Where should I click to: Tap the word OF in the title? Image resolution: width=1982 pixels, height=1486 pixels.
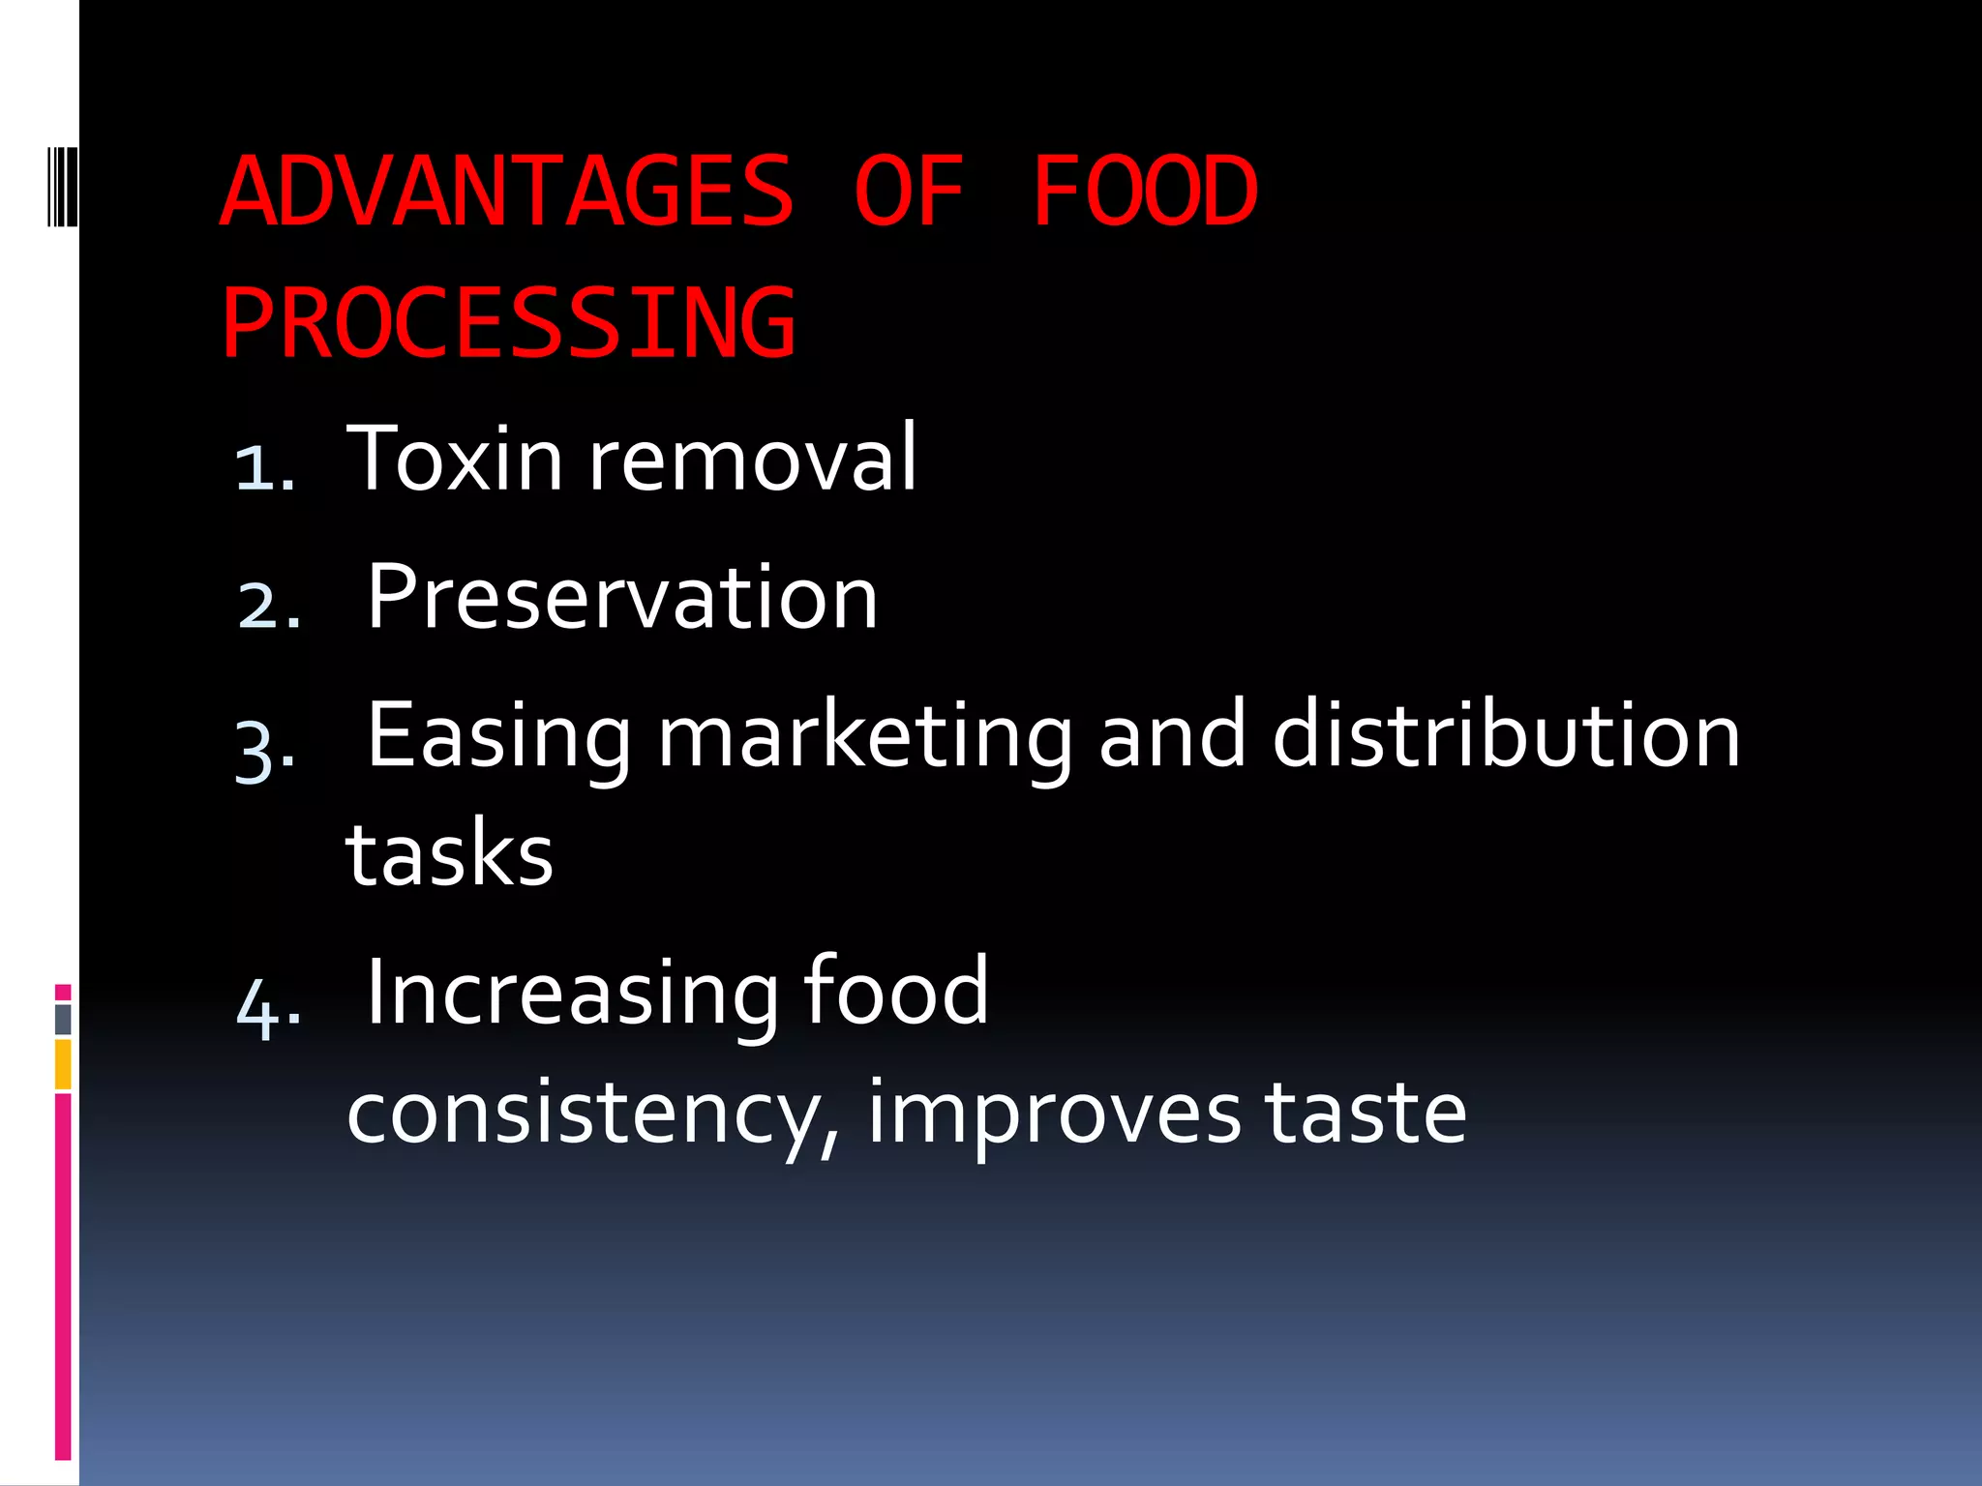(x=909, y=192)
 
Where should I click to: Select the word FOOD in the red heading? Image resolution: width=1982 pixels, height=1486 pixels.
(x=1145, y=192)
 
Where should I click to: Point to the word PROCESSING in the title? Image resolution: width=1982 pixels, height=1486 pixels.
(x=508, y=323)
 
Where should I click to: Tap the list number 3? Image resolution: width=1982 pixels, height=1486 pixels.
(x=264, y=750)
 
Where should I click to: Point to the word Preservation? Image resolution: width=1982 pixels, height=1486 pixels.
(x=622, y=598)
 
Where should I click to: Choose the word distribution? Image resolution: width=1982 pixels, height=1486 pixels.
(x=1506, y=736)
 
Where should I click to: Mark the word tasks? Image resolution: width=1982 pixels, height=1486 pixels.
(x=450, y=855)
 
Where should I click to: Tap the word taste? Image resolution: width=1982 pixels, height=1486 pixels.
(x=1366, y=1113)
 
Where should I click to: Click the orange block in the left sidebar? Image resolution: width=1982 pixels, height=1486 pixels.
(x=63, y=1064)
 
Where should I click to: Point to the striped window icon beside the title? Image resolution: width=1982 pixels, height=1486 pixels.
(x=61, y=185)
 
